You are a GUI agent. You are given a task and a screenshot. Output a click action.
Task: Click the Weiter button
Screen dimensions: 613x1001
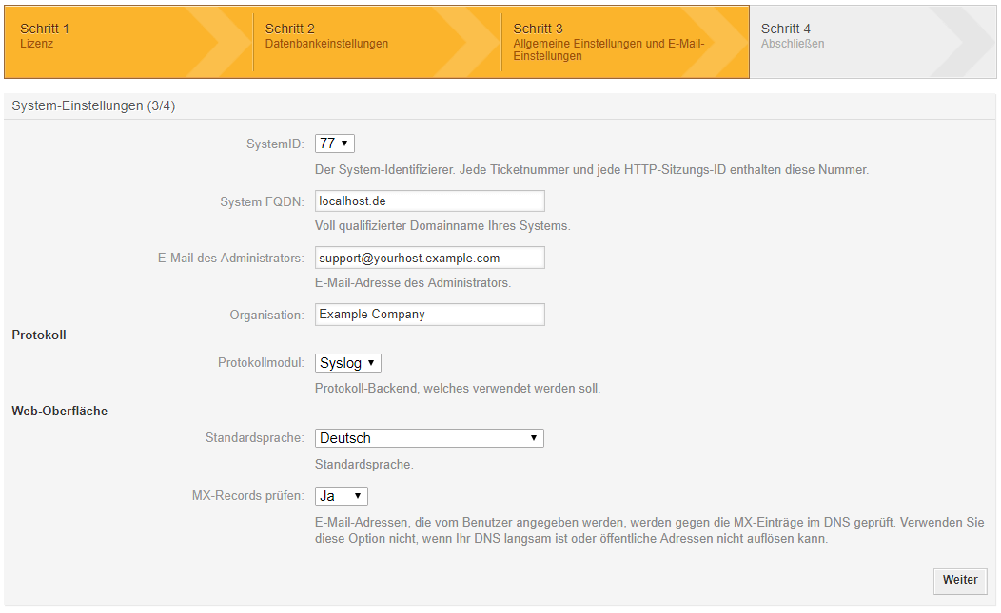(960, 580)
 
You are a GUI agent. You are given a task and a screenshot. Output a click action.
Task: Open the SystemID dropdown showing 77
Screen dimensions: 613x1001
(334, 144)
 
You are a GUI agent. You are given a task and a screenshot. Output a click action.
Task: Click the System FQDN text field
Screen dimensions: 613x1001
(429, 201)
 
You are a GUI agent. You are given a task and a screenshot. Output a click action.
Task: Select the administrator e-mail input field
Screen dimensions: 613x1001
(429, 258)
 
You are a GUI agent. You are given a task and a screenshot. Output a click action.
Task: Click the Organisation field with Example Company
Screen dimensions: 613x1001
(429, 315)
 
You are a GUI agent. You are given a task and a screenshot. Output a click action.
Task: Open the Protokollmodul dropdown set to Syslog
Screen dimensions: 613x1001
(347, 363)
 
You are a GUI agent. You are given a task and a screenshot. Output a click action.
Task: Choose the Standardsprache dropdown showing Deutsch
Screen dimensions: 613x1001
(429, 438)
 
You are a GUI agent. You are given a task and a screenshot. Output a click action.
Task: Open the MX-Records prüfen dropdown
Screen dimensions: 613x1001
(341, 496)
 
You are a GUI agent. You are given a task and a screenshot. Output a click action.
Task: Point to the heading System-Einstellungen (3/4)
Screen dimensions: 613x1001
(93, 106)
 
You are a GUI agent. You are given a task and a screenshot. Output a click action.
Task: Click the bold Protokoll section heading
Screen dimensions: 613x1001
(39, 335)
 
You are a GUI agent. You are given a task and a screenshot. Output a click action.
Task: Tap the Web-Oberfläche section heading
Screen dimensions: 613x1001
(59, 412)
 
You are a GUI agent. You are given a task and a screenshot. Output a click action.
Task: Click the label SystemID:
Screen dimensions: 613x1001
(274, 144)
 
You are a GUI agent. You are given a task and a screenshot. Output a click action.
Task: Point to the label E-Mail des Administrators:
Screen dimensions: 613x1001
(230, 259)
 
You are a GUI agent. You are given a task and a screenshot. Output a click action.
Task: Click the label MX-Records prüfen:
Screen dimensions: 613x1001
(247, 496)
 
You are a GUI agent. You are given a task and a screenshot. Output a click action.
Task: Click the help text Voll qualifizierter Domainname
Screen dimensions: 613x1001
(442, 226)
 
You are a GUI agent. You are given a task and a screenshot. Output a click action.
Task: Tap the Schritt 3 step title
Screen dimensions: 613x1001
(538, 29)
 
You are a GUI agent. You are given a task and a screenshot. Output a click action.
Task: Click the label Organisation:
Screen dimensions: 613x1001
(266, 315)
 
